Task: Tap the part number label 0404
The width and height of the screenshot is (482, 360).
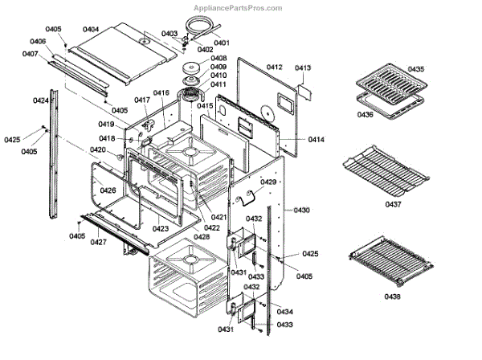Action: [x=90, y=29]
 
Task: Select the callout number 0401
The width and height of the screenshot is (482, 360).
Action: [x=222, y=42]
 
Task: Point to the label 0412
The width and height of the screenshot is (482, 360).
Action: [x=275, y=67]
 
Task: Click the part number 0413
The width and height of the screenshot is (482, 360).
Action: [x=302, y=69]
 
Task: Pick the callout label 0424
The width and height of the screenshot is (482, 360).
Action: [x=40, y=100]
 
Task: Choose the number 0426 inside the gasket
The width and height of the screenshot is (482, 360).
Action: [x=108, y=190]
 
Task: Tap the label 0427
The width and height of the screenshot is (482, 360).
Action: [x=97, y=242]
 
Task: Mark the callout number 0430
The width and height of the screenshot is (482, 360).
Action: [x=302, y=210]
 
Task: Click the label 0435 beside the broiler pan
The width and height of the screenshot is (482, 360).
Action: [x=416, y=70]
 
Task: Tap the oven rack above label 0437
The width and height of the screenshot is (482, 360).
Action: [x=386, y=170]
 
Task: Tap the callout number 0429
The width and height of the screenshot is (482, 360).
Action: [x=268, y=182]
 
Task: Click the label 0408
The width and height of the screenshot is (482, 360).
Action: [x=218, y=59]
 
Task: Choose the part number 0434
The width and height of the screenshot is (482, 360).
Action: [x=284, y=312]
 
